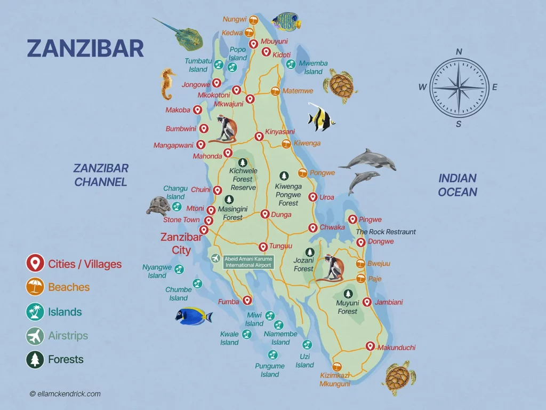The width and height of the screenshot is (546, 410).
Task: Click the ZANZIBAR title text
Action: coord(85,48)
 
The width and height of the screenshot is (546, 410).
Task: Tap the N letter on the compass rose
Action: coord(459,52)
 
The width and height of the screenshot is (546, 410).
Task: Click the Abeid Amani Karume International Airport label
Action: coord(248,262)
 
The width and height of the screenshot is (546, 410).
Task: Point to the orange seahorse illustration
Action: coord(168,84)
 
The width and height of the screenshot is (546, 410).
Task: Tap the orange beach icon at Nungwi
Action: coord(254,20)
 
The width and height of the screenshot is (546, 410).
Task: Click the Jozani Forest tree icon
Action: coord(310,252)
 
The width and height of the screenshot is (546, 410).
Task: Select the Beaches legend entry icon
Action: coord(35,287)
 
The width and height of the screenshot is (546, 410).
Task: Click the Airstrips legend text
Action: coord(68,336)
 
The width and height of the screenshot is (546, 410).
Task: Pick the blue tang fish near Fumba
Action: coord(194,316)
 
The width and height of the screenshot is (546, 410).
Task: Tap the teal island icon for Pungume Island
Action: coord(272,354)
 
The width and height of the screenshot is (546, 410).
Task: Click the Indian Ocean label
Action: coord(457,185)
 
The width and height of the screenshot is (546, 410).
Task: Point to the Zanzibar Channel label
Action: coord(101,175)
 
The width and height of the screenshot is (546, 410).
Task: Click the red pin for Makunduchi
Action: coord(370,346)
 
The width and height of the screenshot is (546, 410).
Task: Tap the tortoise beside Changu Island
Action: coord(158,206)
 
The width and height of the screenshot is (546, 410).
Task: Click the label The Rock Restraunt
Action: coord(386,232)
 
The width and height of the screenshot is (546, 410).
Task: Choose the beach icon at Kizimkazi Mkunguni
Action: coord(336,367)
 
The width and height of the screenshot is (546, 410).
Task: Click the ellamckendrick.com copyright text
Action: coord(65,394)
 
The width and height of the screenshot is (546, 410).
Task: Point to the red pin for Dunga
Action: coord(264,214)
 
